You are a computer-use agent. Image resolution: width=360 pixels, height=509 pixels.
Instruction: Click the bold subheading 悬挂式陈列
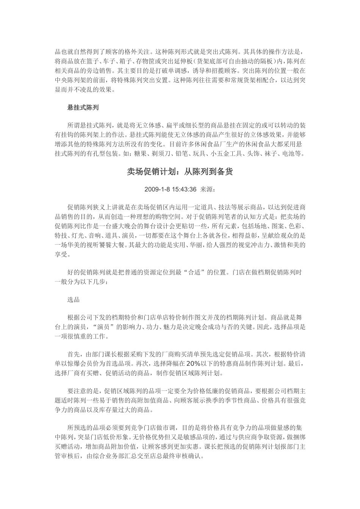click(x=83, y=108)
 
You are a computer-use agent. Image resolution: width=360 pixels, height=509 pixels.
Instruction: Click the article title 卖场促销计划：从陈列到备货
click(x=180, y=172)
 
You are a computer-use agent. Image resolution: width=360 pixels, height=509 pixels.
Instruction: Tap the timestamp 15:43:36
click(x=183, y=189)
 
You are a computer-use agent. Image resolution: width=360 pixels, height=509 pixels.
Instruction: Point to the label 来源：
click(x=208, y=189)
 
